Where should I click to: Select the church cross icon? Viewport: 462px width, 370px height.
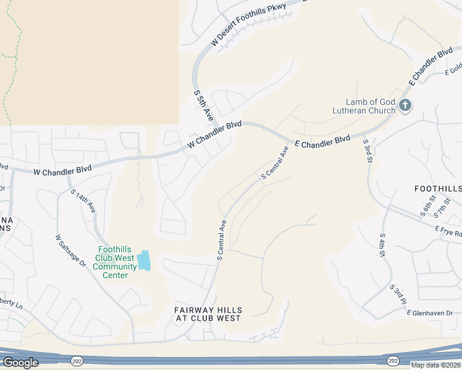[405, 105]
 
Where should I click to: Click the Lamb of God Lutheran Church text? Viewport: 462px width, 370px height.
[370, 106]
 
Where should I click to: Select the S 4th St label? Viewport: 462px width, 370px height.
[383, 245]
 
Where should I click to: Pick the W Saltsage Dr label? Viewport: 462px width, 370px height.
[69, 250]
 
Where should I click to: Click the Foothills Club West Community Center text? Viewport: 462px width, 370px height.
[115, 262]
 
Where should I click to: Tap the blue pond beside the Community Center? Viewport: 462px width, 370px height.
[144, 260]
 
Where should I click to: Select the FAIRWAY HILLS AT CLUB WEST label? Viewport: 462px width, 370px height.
[208, 314]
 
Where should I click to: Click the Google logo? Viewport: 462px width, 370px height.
[20, 363]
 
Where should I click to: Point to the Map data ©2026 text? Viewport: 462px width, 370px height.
[436, 365]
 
